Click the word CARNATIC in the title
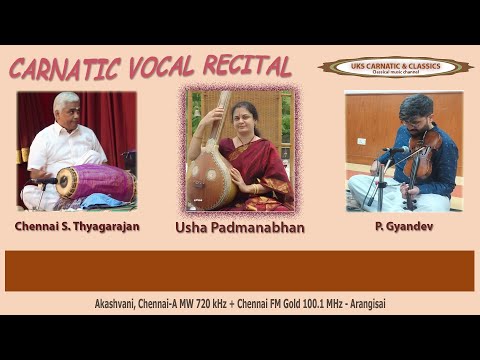coord(62,70)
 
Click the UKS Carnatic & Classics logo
coord(395,68)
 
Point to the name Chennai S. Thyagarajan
coord(77,226)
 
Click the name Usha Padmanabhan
coord(239,227)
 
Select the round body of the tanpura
coord(212,180)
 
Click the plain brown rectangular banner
coord(239,270)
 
